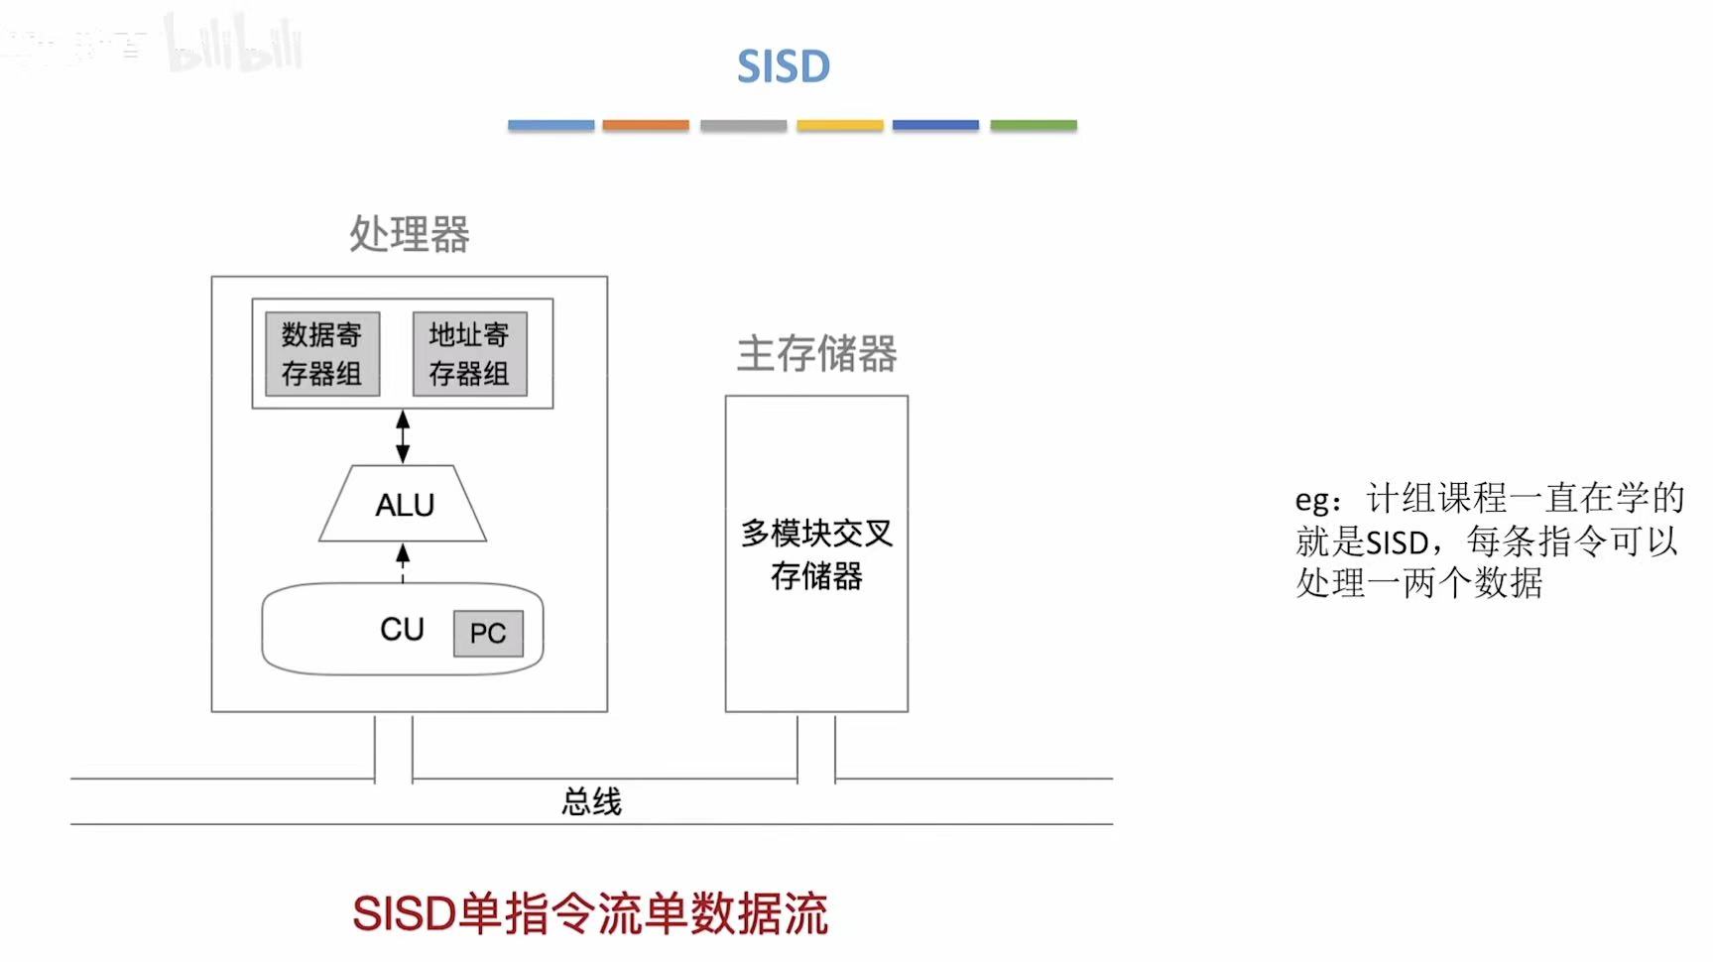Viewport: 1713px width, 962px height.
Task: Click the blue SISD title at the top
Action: tap(783, 67)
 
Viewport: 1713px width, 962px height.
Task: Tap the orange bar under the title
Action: tap(646, 126)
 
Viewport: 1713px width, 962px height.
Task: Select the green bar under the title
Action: tap(1034, 126)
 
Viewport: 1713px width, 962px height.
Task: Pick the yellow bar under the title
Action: tap(839, 126)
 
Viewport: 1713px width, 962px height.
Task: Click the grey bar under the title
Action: tap(743, 126)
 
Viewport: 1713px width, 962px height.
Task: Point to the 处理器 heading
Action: tap(409, 235)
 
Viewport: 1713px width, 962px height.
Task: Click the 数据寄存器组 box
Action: tap(322, 354)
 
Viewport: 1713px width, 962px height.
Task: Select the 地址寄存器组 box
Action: tap(469, 354)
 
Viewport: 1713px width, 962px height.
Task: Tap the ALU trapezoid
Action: tap(404, 505)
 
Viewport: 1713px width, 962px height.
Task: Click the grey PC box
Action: tap(488, 633)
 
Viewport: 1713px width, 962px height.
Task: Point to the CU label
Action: tap(402, 629)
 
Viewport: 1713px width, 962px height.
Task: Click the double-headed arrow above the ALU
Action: tap(403, 436)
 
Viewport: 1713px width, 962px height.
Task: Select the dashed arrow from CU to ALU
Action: tap(403, 562)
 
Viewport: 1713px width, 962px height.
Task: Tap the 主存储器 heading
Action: tap(816, 354)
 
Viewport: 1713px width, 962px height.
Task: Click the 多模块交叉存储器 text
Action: tap(816, 554)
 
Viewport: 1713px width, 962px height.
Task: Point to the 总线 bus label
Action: tap(591, 801)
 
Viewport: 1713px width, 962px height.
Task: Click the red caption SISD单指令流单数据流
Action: tap(590, 913)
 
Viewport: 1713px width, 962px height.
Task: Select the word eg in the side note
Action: tap(1315, 500)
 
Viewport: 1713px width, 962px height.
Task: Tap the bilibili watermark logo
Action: tap(234, 46)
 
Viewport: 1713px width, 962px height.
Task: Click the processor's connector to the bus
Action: tap(394, 748)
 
